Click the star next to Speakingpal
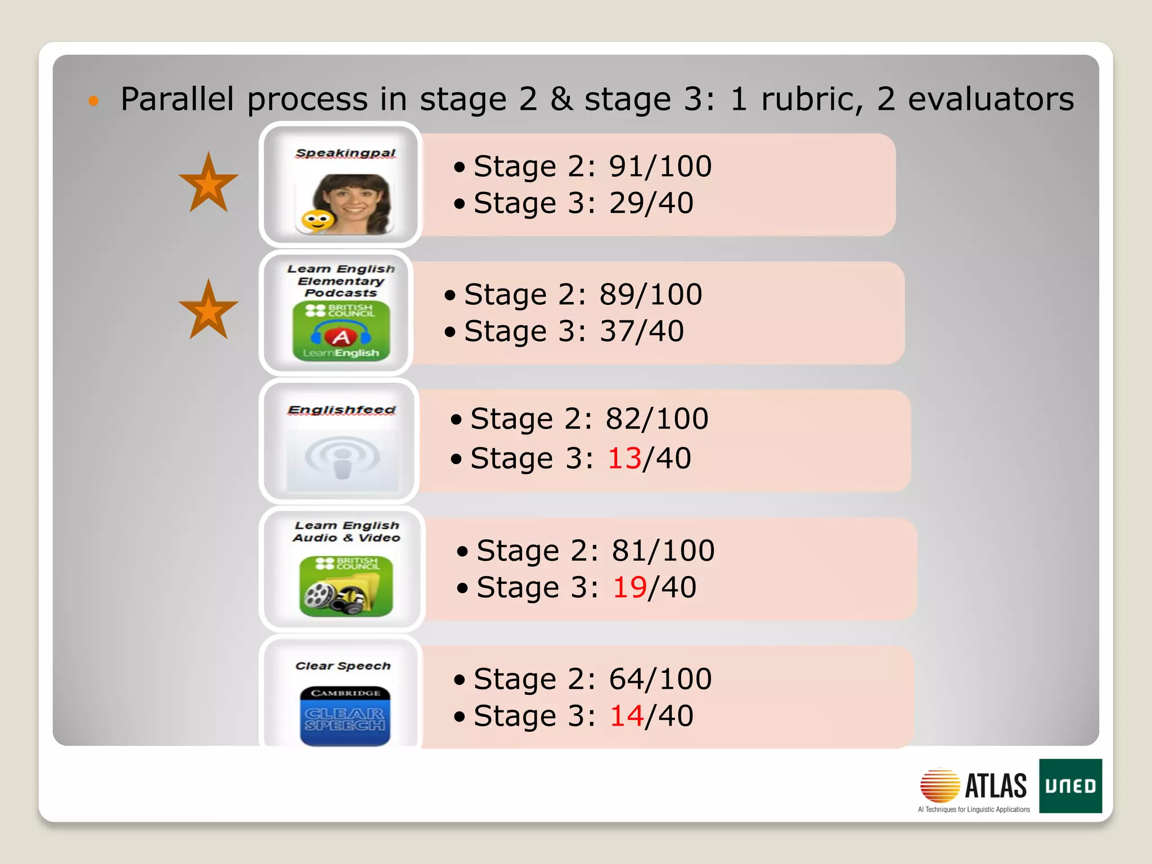[209, 183]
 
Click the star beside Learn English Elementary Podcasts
[209, 310]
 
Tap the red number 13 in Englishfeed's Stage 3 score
[624, 458]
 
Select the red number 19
[629, 588]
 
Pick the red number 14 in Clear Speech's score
[627, 716]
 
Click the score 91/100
[660, 166]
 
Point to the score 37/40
[642, 331]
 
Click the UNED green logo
[1070, 786]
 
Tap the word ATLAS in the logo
[996, 786]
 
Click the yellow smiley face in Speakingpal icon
[317, 220]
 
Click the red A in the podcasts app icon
[341, 337]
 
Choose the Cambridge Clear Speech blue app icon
[345, 716]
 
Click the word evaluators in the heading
[991, 99]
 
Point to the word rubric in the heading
[812, 99]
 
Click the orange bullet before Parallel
[94, 101]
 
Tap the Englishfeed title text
[341, 410]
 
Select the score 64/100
[660, 679]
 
